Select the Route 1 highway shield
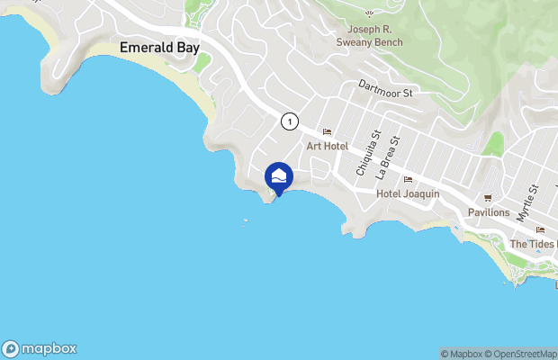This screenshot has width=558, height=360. tap(289, 121)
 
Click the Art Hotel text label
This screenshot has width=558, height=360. tap(327, 146)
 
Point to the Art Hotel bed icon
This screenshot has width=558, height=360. tap(327, 132)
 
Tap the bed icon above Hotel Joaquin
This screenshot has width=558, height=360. tap(408, 179)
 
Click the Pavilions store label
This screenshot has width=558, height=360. tap(489, 212)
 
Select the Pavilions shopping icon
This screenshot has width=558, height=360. tap(489, 198)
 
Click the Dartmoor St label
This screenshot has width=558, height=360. tap(384, 92)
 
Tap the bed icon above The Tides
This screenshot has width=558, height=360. tap(539, 229)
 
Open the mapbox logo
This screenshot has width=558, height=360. tap(40, 348)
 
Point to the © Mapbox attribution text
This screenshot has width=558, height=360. tap(465, 353)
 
